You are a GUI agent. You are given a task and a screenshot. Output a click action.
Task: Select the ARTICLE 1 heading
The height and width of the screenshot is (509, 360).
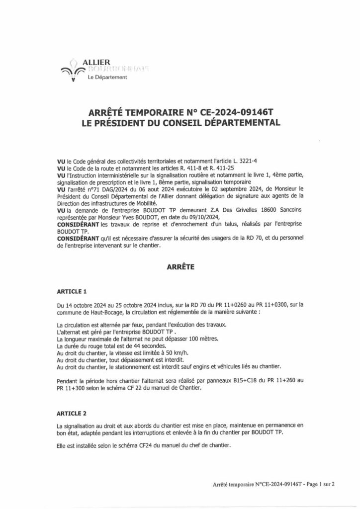tap(72, 290)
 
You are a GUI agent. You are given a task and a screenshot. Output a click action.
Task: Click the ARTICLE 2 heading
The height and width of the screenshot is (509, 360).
tap(72, 413)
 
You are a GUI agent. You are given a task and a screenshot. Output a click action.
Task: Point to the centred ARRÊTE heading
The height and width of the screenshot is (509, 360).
tap(180, 266)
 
